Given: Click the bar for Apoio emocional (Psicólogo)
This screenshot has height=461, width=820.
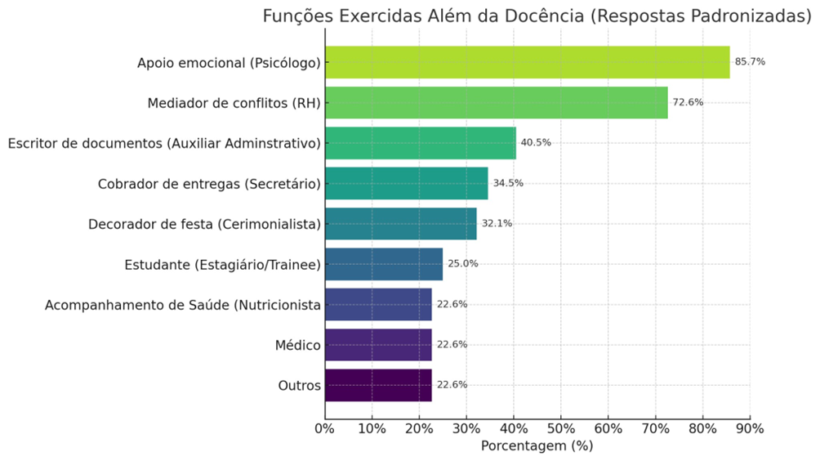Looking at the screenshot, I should pos(527,62).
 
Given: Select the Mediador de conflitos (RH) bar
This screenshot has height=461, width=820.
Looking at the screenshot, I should pos(496,102).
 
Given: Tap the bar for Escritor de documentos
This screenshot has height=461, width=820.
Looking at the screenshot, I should pos(420,142).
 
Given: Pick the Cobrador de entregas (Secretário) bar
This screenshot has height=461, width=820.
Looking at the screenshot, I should pos(406,183).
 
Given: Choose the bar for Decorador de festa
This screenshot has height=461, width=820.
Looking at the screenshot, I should pos(400,223).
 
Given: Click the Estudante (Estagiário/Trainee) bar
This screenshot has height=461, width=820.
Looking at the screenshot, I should pos(383,264).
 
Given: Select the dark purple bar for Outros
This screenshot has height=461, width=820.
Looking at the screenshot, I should pos(377,385).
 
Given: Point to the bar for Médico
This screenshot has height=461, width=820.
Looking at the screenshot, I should pos(377,345).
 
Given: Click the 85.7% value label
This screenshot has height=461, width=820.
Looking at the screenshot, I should pos(750,62).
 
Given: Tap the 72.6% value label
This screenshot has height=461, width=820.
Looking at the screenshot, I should pos(688,102).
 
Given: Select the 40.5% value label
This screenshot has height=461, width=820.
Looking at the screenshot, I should pos(536,143).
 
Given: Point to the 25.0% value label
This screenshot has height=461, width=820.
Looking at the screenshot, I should pos(462,264).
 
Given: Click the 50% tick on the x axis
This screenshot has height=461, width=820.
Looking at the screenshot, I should pos(561,427).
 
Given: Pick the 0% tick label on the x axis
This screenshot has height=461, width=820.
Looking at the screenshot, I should pos(324,427).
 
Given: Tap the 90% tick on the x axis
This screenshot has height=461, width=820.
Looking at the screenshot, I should pos(750,427).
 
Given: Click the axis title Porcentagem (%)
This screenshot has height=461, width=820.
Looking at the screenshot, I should pos(537,446).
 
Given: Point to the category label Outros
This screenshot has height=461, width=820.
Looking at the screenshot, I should pos(299,386).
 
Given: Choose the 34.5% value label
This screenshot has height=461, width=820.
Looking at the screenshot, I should pos(508,183).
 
